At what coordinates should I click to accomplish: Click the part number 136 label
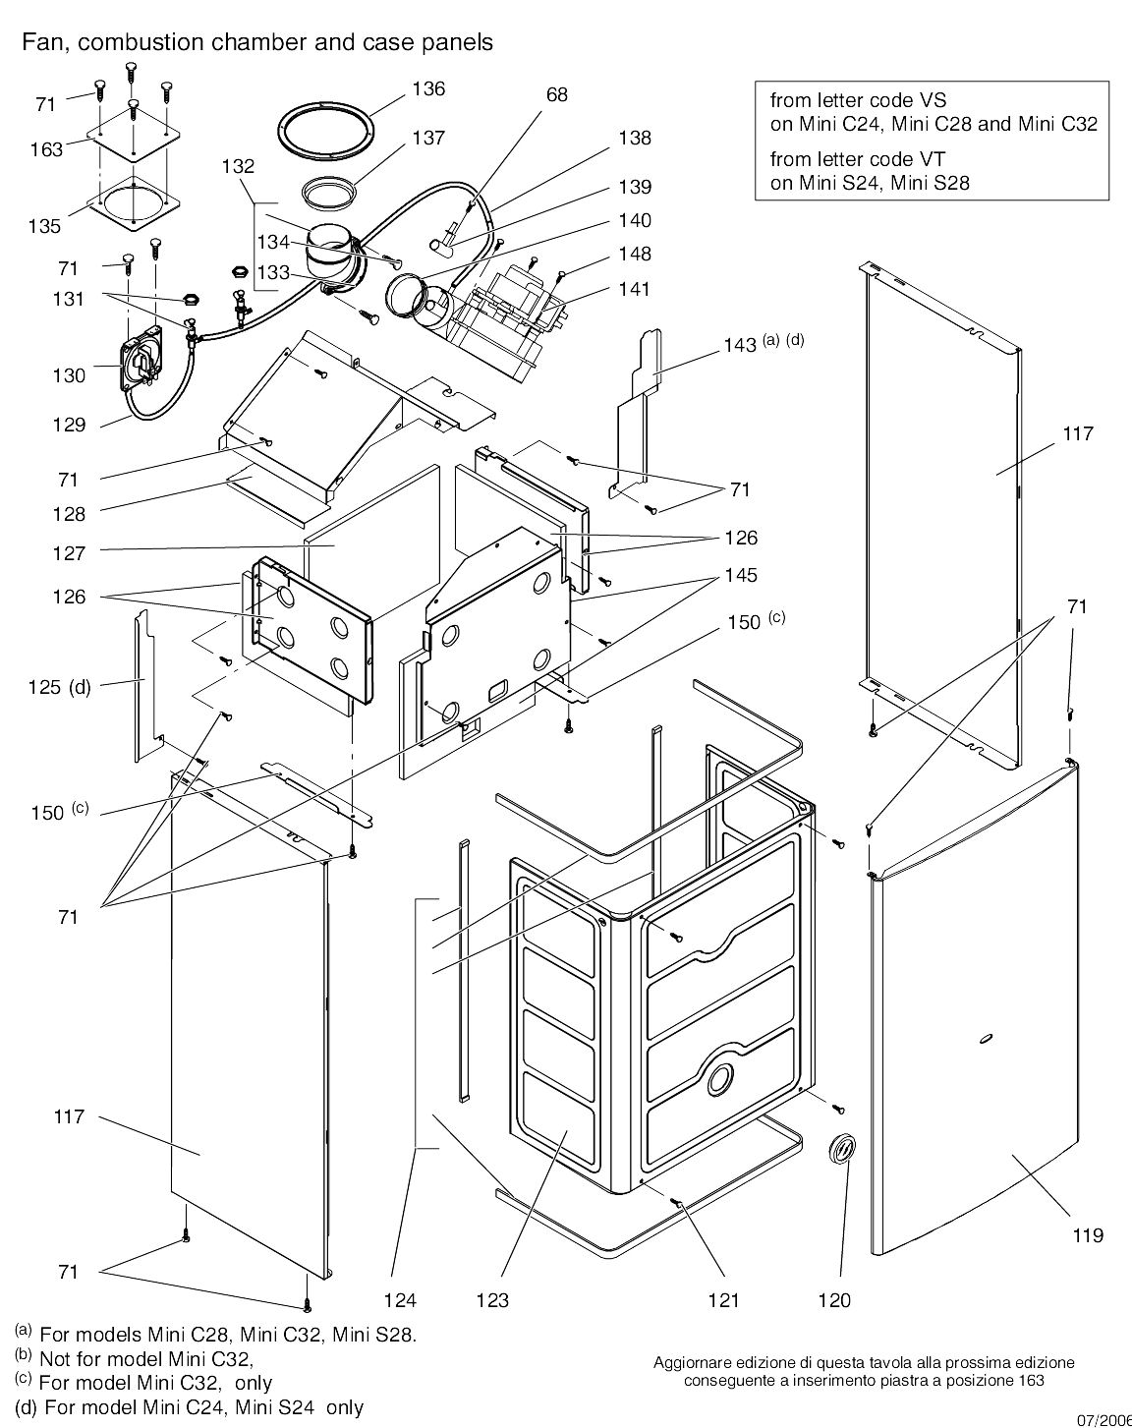point(427,89)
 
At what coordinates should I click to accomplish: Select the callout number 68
point(557,95)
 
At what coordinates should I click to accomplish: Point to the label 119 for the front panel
point(1088,1234)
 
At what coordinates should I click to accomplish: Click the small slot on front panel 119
point(986,1038)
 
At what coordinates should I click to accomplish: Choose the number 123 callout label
point(492,1300)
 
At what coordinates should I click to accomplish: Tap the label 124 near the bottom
point(400,1300)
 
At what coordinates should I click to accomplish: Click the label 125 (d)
point(59,687)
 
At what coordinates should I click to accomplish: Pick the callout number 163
point(46,149)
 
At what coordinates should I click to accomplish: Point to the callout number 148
point(635,255)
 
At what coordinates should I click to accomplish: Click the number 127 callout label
point(70,553)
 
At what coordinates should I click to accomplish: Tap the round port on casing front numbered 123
point(719,1078)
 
